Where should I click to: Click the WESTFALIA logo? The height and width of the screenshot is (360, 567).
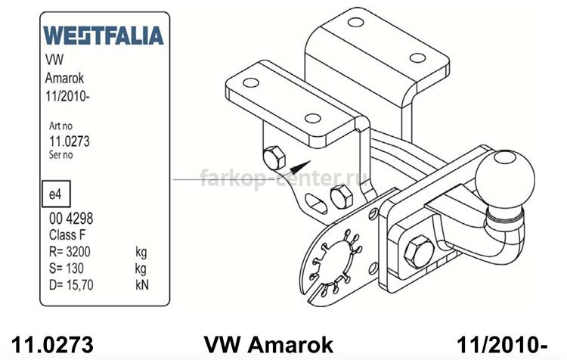pyautogui.click(x=104, y=36)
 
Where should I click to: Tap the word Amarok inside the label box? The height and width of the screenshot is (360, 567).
pyautogui.click(x=64, y=78)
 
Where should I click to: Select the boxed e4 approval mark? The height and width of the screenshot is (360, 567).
pyautogui.click(x=56, y=194)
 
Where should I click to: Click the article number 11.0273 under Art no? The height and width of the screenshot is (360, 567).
pyautogui.click(x=69, y=141)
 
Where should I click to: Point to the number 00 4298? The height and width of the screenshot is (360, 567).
pyautogui.click(x=71, y=219)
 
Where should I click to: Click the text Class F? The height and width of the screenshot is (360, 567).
pyautogui.click(x=67, y=234)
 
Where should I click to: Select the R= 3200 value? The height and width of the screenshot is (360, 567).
pyautogui.click(x=70, y=251)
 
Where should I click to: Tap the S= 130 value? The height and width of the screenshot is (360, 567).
pyautogui.click(x=67, y=268)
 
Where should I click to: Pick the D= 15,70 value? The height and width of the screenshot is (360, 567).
pyautogui.click(x=71, y=284)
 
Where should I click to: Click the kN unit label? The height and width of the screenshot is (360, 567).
pyautogui.click(x=142, y=284)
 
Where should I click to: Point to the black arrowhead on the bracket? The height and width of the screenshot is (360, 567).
pyautogui.click(x=300, y=167)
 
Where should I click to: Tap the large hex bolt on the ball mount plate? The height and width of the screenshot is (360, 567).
pyautogui.click(x=419, y=251)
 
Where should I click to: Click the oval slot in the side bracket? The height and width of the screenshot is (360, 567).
pyautogui.click(x=316, y=203)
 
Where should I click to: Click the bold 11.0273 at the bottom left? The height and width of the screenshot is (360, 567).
pyautogui.click(x=52, y=344)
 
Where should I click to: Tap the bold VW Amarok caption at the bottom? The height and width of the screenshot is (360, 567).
pyautogui.click(x=268, y=344)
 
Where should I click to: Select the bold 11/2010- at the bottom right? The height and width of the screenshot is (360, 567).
pyautogui.click(x=502, y=344)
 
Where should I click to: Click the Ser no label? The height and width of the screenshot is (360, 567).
pyautogui.click(x=60, y=155)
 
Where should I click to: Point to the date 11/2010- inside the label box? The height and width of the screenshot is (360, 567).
pyautogui.click(x=67, y=97)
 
